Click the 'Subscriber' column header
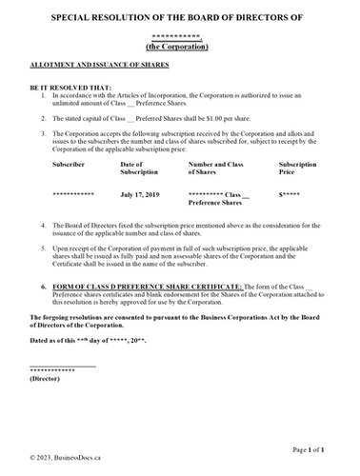pos(70,165)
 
